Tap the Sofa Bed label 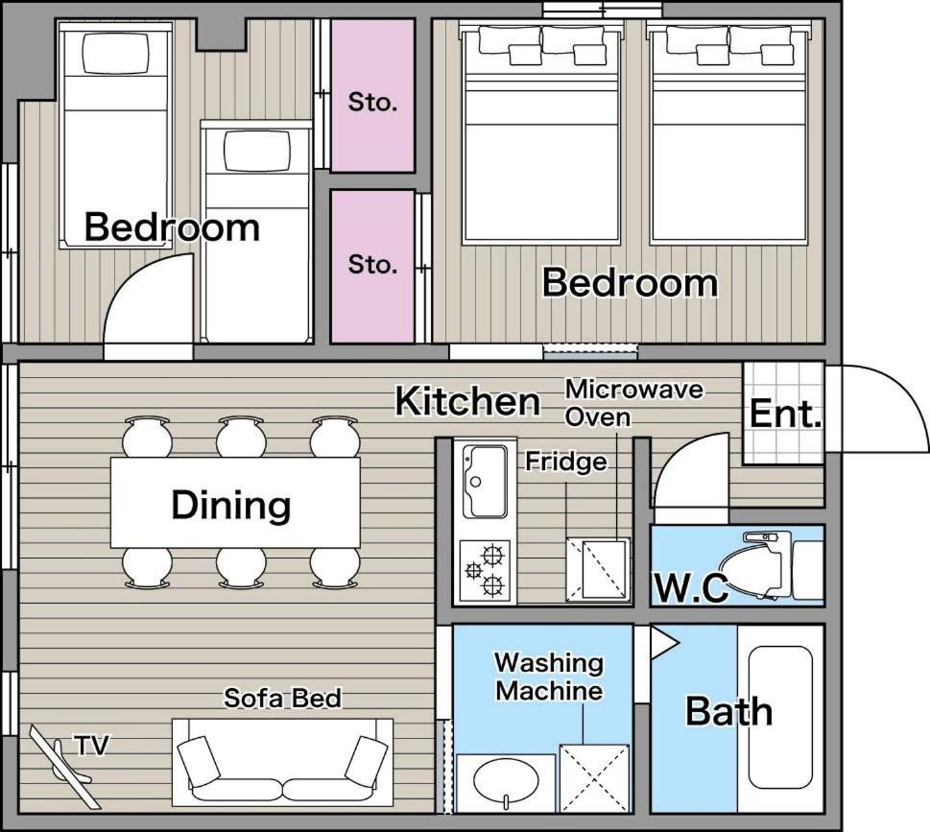(282, 698)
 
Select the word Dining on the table (231, 505)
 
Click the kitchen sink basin (486, 481)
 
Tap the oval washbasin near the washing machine (506, 780)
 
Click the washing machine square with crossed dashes (594, 778)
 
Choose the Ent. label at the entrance (785, 413)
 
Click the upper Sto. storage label (371, 102)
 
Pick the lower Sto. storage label (371, 264)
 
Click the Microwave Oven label (633, 403)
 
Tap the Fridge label (566, 462)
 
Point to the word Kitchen (468, 401)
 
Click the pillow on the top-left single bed (116, 53)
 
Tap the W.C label (691, 587)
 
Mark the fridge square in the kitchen (598, 569)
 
